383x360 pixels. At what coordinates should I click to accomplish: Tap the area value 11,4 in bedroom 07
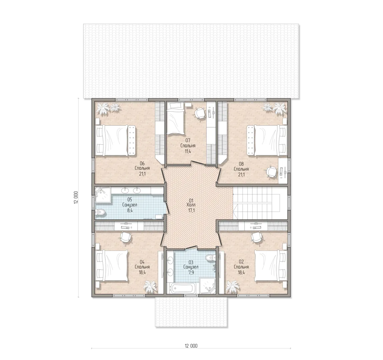click(x=187, y=151)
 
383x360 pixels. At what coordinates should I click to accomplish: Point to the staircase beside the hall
click(x=260, y=203)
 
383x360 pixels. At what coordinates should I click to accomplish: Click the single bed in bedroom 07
click(x=175, y=118)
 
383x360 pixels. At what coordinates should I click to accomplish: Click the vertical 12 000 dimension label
click(x=76, y=197)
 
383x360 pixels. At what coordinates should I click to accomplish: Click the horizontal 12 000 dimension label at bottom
click(x=191, y=346)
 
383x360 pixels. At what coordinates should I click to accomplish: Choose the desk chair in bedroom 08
click(x=271, y=171)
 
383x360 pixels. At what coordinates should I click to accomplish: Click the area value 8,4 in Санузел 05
click(x=130, y=210)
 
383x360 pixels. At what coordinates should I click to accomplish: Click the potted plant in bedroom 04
click(x=149, y=287)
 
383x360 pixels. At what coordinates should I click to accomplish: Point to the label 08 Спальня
click(x=241, y=166)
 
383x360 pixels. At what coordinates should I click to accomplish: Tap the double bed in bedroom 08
click(x=267, y=140)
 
